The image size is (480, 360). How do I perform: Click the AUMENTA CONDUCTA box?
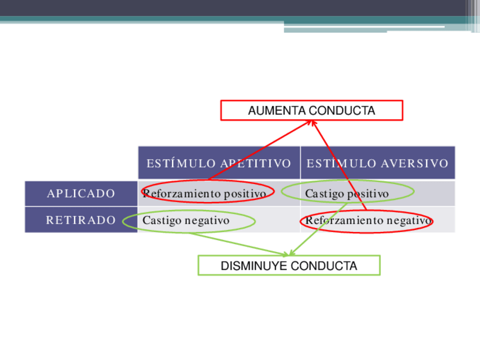pyautogui.click(x=311, y=110)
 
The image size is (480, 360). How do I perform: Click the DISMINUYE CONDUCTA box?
pyautogui.click(x=289, y=265)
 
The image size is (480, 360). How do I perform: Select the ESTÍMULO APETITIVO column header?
pyautogui.click(x=218, y=164)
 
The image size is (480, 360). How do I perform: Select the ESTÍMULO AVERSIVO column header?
pyautogui.click(x=377, y=164)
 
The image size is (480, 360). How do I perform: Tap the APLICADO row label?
pyautogui.click(x=81, y=194)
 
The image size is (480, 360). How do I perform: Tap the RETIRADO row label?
pyautogui.click(x=81, y=220)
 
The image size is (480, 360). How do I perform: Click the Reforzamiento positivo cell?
pyautogui.click(x=204, y=194)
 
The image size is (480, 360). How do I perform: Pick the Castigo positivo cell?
pyautogui.click(x=347, y=194)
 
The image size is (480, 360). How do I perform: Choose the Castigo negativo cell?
pyautogui.click(x=186, y=220)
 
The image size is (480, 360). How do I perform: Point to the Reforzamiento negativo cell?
pyautogui.click(x=368, y=220)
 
